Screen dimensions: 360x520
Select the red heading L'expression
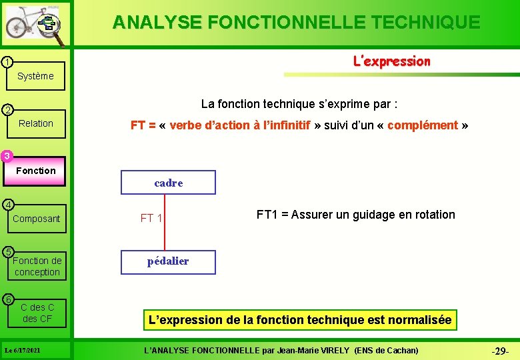pyautogui.click(x=391, y=61)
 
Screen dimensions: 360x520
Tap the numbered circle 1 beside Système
pyautogui.click(x=6, y=62)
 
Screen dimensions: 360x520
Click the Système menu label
pyautogui.click(x=35, y=76)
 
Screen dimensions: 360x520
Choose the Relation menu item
pyautogui.click(x=36, y=123)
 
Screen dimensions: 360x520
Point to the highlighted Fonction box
pyautogui.click(x=36, y=171)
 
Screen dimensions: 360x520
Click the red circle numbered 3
pyautogui.click(x=6, y=156)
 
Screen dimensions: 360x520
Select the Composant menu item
pyautogui.click(x=36, y=219)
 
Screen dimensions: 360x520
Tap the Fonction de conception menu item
pyautogui.click(x=37, y=266)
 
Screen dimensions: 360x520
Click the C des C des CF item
pyautogui.click(x=37, y=313)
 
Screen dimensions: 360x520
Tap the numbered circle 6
pyautogui.click(x=6, y=299)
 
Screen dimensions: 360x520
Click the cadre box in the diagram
pyautogui.click(x=168, y=183)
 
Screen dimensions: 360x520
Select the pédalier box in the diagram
pyautogui.click(x=168, y=261)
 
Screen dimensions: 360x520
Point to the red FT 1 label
pyautogui.click(x=151, y=218)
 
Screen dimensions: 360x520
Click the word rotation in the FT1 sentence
pyautogui.click(x=434, y=215)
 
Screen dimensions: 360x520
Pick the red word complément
pyautogui.click(x=422, y=125)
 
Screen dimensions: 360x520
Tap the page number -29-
pyautogui.click(x=500, y=351)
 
